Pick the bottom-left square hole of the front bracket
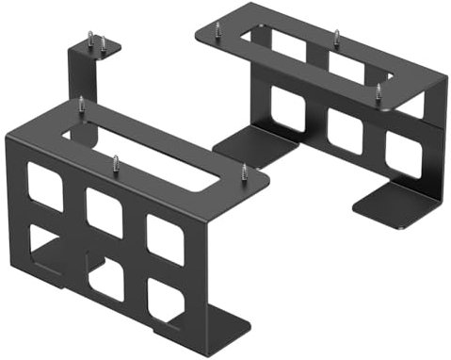[43, 247]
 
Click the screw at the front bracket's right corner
[244, 172]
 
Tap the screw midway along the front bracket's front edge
[116, 162]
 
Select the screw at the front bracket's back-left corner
[81, 103]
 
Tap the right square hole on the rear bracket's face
[403, 154]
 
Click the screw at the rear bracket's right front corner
[379, 92]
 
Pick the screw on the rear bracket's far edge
[335, 37]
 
